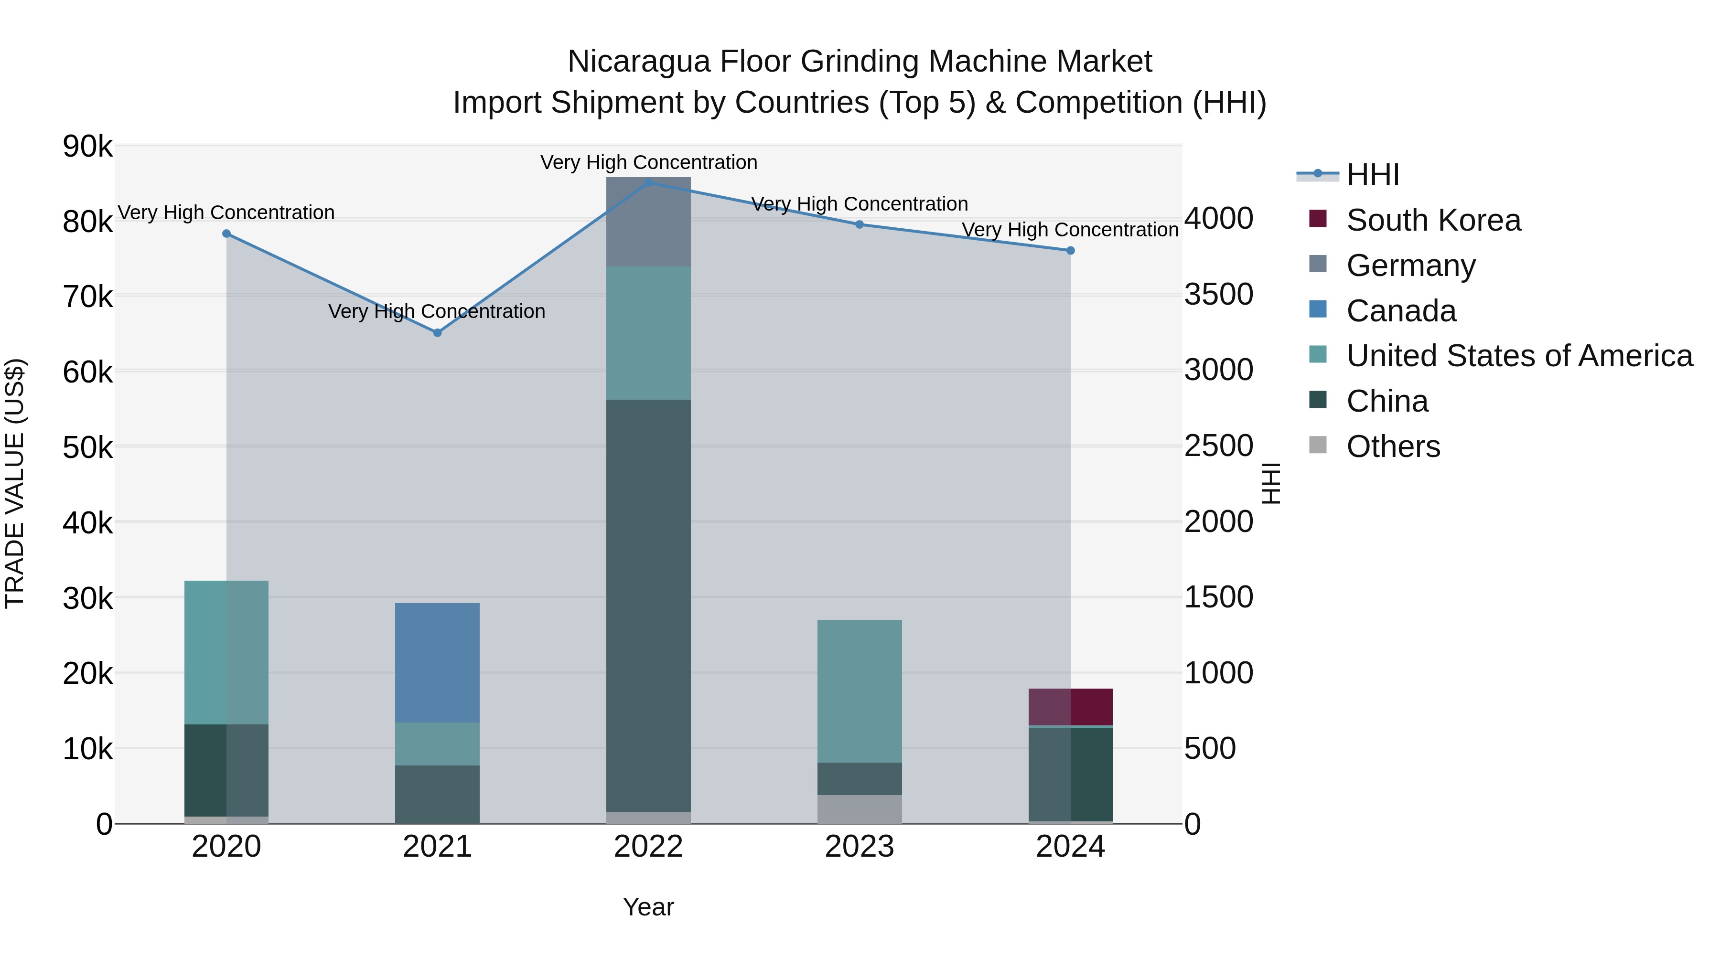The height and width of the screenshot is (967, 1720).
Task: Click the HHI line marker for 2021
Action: [x=437, y=332]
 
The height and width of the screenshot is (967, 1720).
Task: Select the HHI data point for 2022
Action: [x=648, y=182]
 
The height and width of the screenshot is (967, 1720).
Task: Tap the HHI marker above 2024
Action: [x=1070, y=250]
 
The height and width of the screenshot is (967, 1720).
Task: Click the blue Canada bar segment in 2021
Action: [x=437, y=663]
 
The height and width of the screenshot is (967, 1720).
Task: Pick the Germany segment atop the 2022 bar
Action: [x=648, y=222]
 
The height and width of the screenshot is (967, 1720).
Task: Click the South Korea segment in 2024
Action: [x=1070, y=706]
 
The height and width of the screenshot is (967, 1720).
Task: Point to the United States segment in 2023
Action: [x=860, y=691]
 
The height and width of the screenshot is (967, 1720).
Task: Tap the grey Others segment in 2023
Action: [x=860, y=809]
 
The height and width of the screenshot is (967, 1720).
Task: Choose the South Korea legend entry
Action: [x=1433, y=220]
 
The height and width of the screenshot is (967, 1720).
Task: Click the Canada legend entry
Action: [x=1401, y=311]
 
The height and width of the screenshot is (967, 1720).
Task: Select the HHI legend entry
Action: [x=1373, y=175]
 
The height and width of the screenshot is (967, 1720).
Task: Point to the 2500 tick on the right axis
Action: [x=1218, y=446]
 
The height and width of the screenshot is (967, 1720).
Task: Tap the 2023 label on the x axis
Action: [x=860, y=847]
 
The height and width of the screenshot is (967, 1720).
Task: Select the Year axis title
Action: [x=648, y=907]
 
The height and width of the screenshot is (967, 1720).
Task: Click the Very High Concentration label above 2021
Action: [x=437, y=312]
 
